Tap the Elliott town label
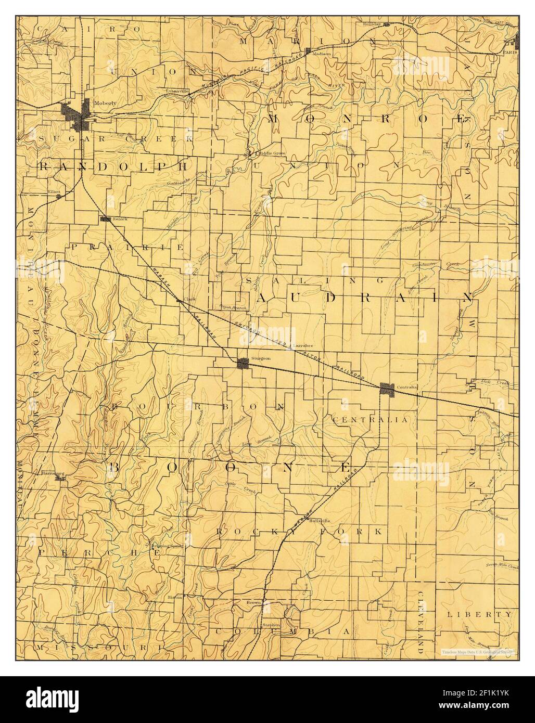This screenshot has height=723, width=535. point(54,191)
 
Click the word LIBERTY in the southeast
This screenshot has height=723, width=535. point(479,614)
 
